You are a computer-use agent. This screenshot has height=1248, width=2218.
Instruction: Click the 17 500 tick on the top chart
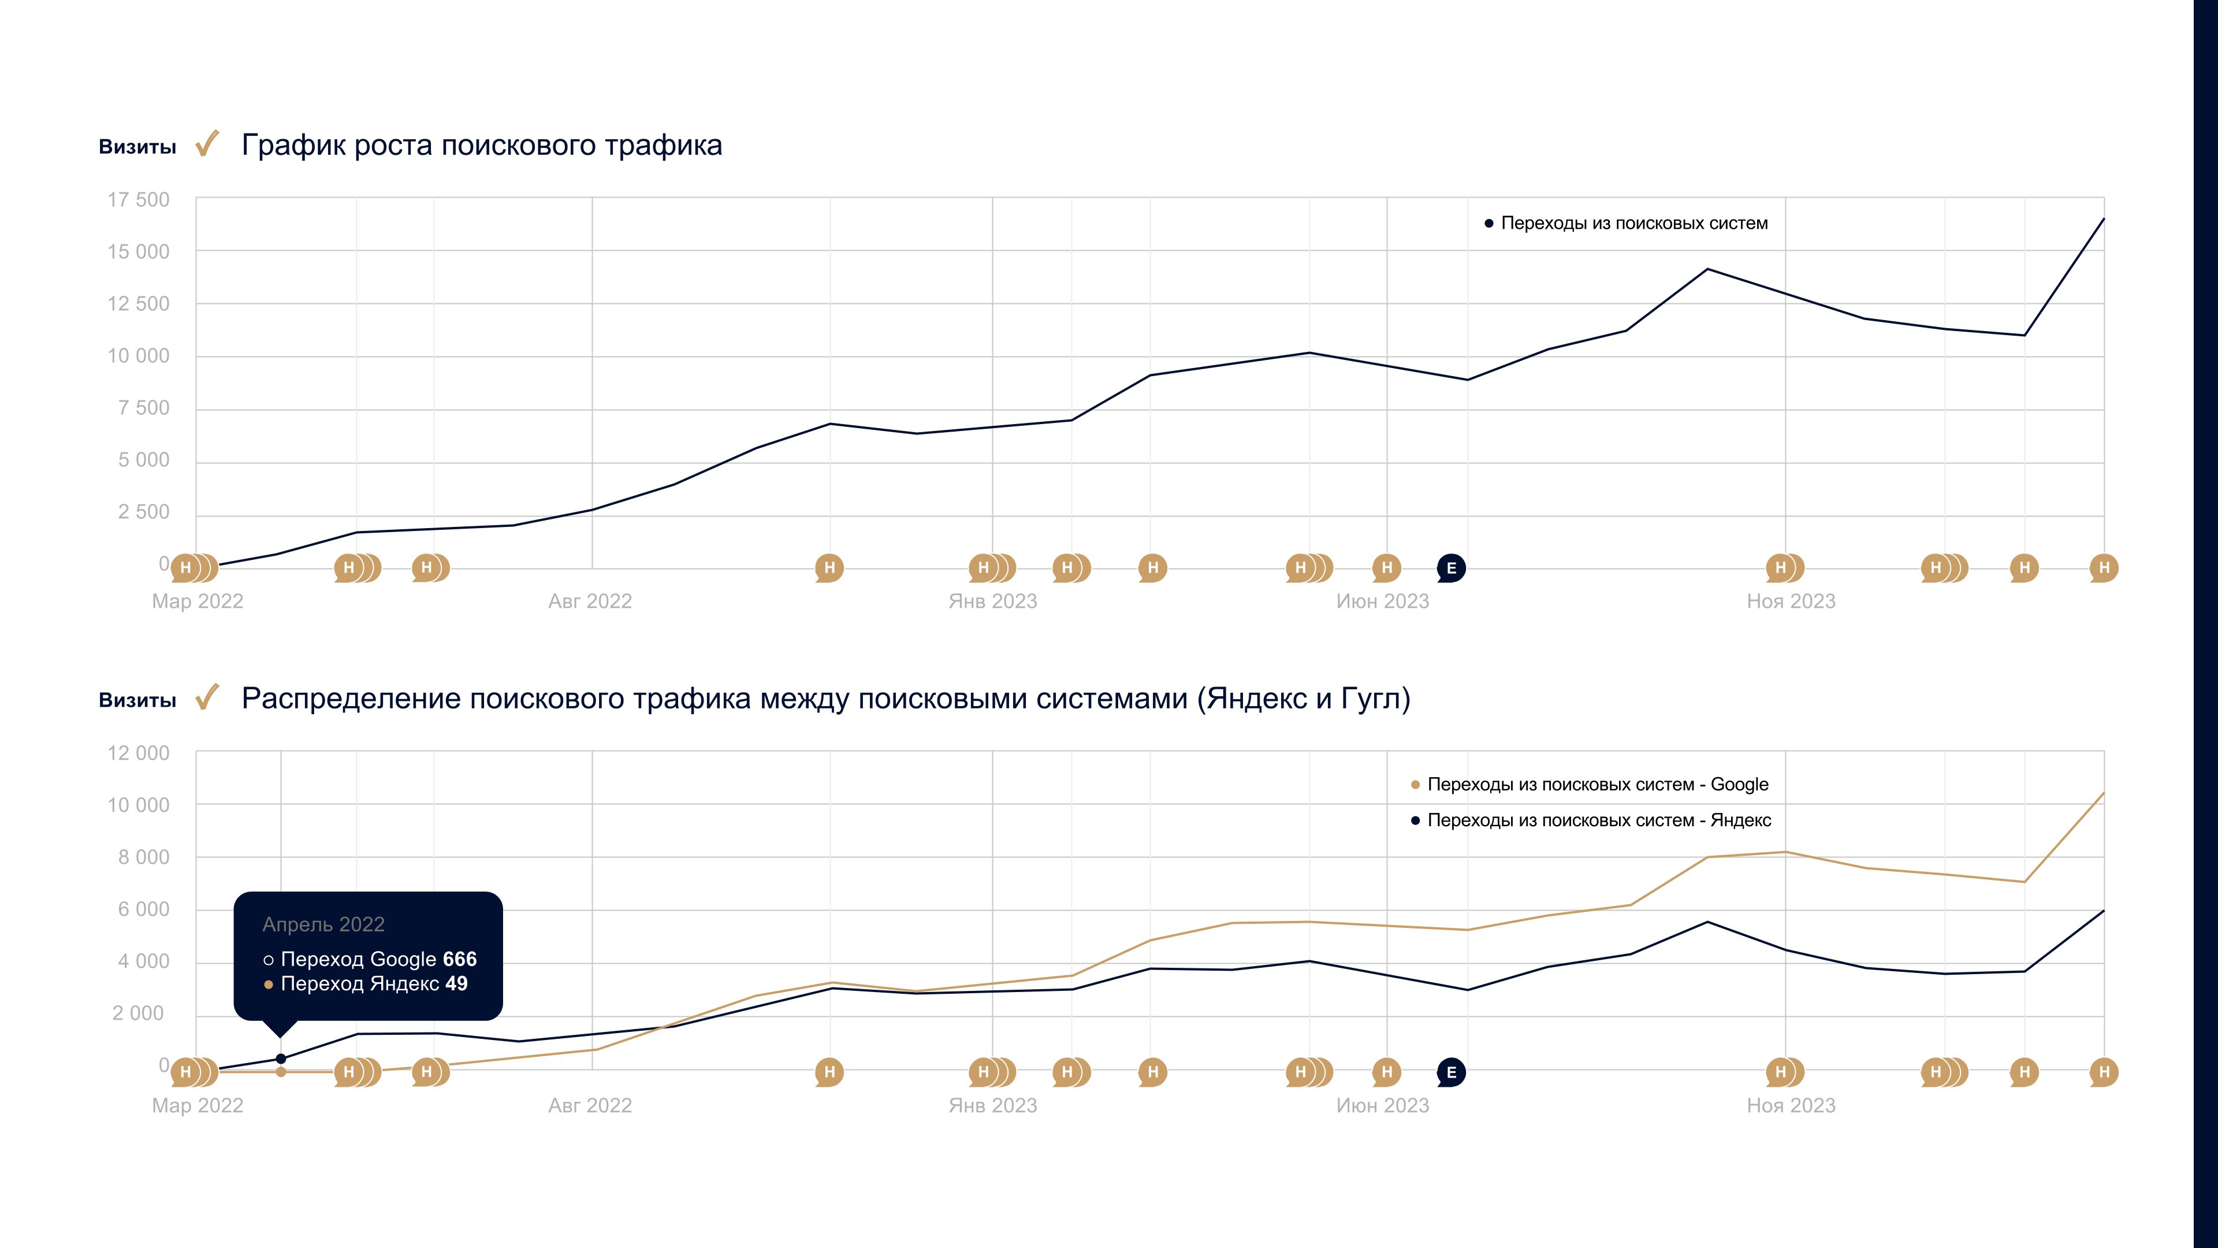point(138,200)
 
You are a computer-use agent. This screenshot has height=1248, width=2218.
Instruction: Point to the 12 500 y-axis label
point(138,304)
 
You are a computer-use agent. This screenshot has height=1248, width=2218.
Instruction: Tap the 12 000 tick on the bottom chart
point(138,753)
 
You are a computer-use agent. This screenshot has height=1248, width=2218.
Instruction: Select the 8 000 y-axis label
point(143,858)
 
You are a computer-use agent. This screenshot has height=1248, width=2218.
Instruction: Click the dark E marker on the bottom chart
point(1451,1072)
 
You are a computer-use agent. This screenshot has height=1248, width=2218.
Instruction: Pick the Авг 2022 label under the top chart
point(590,601)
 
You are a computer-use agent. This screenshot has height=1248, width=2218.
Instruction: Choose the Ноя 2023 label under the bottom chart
point(1791,1106)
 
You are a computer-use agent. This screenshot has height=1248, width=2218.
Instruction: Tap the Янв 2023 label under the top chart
point(993,601)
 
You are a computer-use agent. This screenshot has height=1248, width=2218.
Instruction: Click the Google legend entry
point(1597,785)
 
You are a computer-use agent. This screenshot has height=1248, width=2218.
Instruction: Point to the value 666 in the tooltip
point(460,960)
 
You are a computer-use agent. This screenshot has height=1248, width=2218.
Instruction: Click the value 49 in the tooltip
point(456,983)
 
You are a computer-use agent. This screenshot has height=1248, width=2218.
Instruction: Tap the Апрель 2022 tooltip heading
point(323,925)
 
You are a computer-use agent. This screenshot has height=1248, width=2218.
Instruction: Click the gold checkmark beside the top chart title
point(207,144)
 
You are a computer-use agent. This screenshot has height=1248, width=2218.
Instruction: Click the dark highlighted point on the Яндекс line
point(281,1058)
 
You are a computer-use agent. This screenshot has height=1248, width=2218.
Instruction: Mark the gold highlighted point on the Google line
point(281,1072)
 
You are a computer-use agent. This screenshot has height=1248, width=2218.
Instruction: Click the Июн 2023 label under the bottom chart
point(1382,1106)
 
